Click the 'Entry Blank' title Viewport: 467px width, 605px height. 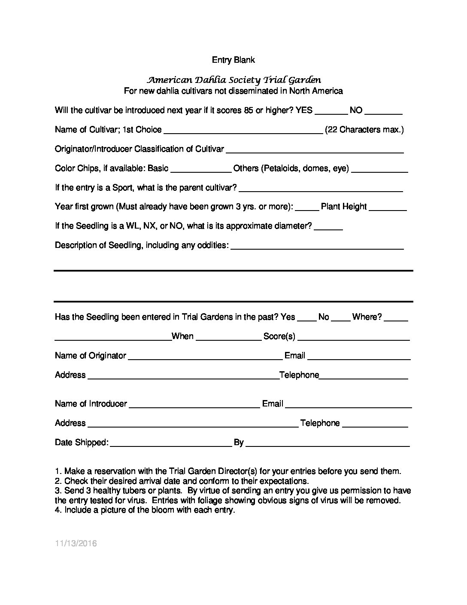[x=233, y=60]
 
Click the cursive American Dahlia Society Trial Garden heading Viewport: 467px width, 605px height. [x=234, y=80]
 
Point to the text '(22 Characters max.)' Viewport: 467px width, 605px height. [x=364, y=130]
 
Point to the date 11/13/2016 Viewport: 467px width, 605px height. [x=76, y=544]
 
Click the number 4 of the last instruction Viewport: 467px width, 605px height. [x=57, y=510]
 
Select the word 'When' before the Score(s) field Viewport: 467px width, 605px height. [x=182, y=336]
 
